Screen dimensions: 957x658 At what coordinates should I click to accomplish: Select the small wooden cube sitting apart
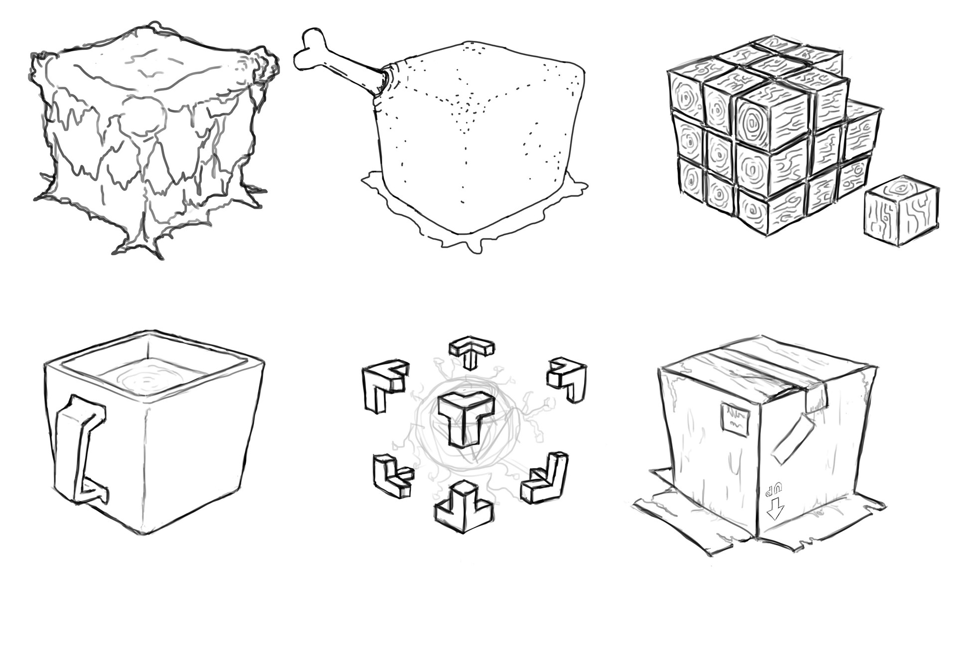pos(901,210)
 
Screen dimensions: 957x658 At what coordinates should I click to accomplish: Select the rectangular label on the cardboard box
pos(735,420)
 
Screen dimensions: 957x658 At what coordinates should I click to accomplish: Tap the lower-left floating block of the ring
pos(392,476)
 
